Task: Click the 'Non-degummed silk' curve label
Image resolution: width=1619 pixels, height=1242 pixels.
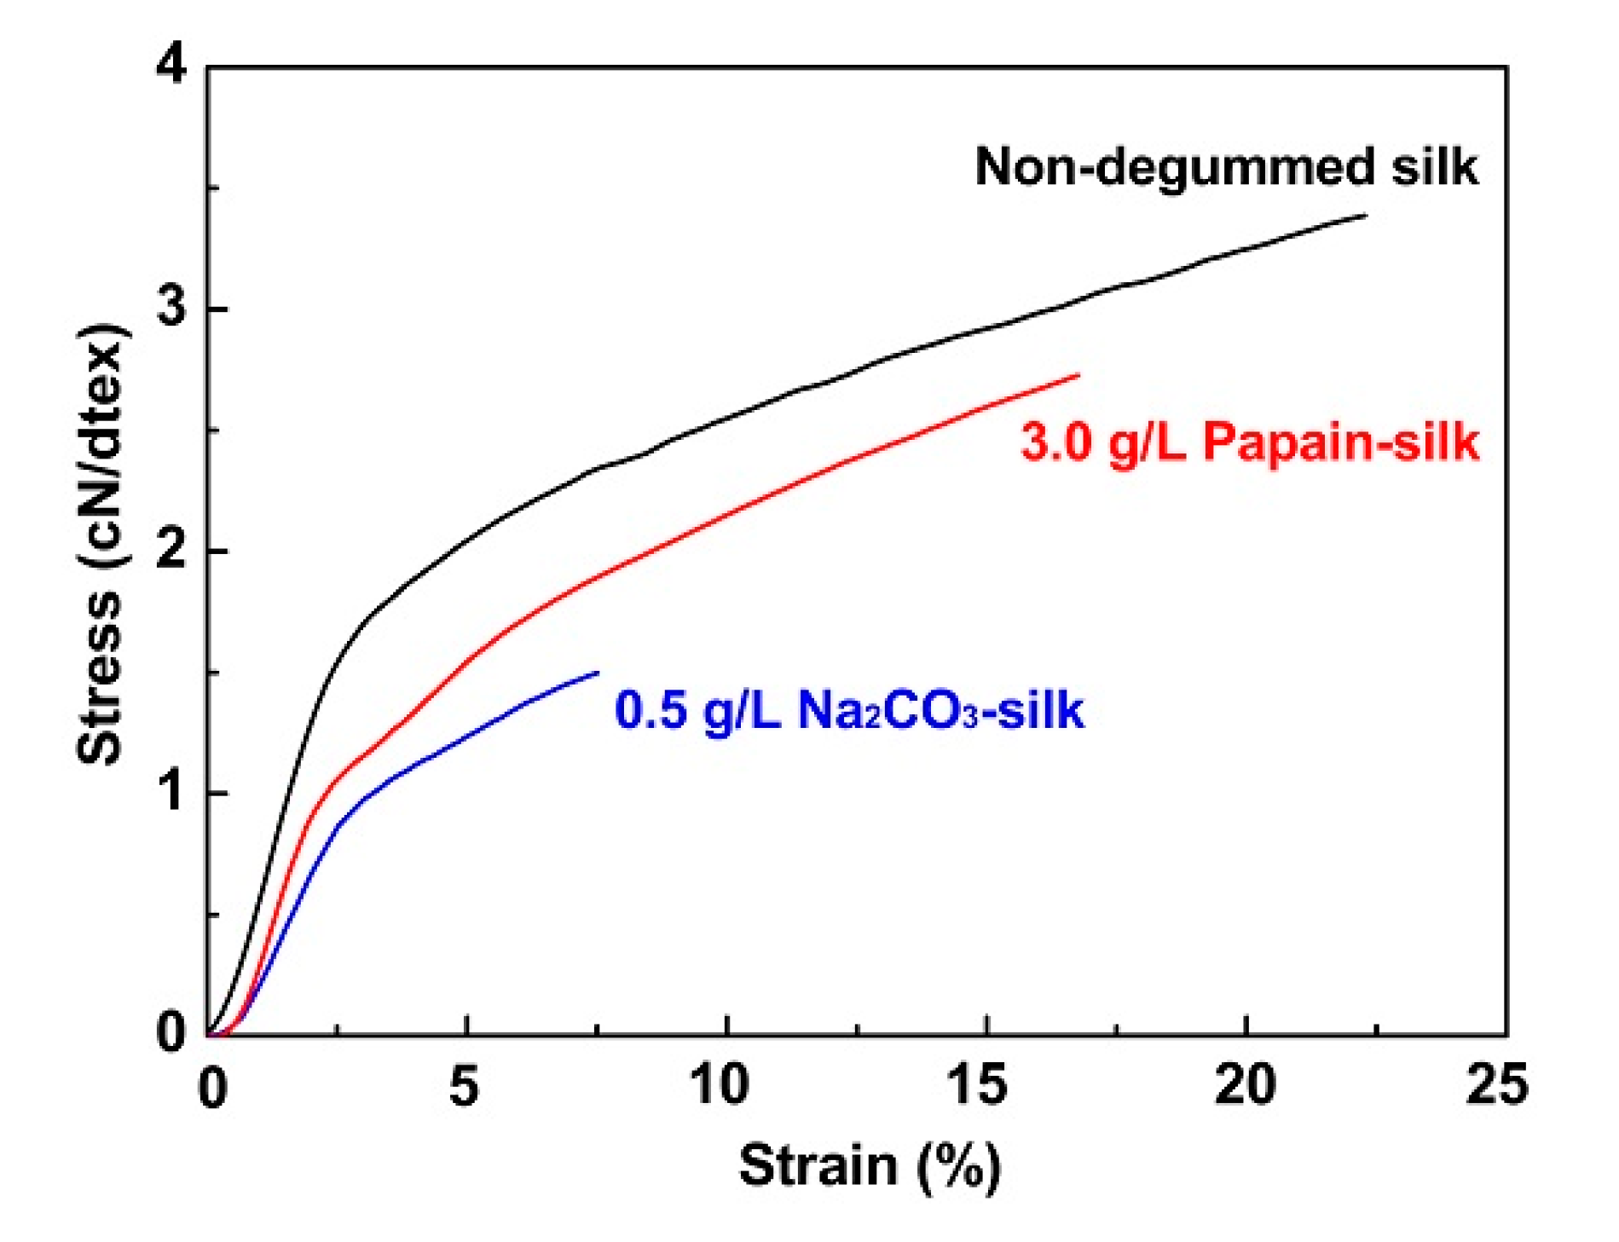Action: (x=1226, y=166)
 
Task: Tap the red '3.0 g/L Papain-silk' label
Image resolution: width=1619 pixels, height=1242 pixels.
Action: (x=1250, y=443)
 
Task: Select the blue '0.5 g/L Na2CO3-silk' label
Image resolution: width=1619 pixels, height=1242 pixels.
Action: (x=849, y=710)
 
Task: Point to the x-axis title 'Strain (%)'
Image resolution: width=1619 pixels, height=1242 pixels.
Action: (x=869, y=1165)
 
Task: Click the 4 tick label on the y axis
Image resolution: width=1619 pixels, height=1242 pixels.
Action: (x=173, y=66)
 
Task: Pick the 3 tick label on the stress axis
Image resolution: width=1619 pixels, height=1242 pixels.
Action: (x=173, y=308)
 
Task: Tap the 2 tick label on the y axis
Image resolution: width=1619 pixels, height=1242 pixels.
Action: (x=173, y=551)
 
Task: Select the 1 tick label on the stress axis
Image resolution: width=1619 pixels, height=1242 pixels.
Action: (x=173, y=793)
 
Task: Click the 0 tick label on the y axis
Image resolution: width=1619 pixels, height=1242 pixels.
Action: (x=173, y=1031)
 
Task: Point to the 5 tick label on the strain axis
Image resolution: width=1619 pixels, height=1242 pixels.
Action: (x=465, y=1086)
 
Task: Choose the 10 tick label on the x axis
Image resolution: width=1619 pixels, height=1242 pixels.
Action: (x=721, y=1086)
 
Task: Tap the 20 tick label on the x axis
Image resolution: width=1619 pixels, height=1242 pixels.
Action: (x=1245, y=1086)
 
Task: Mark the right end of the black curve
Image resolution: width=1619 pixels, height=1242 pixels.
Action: (x=1366, y=216)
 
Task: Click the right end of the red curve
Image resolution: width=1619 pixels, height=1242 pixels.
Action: (x=1078, y=375)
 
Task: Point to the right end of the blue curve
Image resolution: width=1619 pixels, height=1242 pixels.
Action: (x=598, y=673)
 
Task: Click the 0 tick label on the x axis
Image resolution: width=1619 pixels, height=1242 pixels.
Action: (x=212, y=1088)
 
